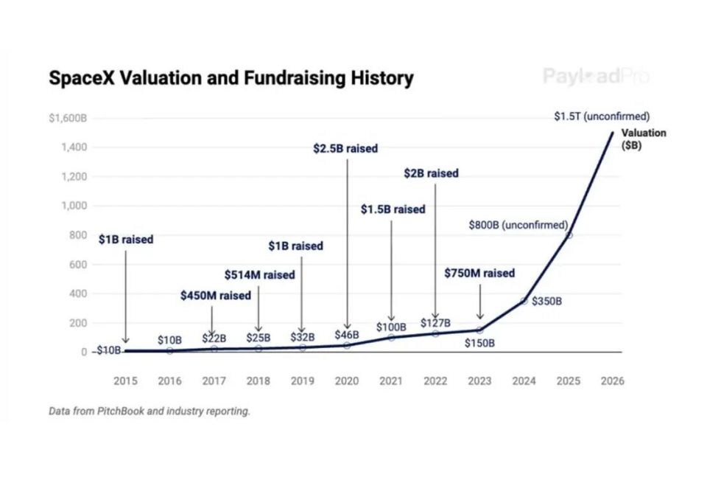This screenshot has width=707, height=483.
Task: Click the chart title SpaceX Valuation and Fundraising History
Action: click(x=231, y=78)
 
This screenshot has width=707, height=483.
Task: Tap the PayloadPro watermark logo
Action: click(x=596, y=76)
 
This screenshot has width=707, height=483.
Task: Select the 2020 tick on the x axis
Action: click(x=347, y=381)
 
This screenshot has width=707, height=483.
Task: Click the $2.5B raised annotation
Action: click(x=345, y=148)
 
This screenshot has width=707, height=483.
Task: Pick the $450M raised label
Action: click(x=215, y=296)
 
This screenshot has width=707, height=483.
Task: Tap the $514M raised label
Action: click(x=259, y=274)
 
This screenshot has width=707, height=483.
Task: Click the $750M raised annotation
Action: click(x=479, y=273)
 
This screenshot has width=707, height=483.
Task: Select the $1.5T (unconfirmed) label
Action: click(x=602, y=117)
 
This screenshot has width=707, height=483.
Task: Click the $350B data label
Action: click(x=547, y=301)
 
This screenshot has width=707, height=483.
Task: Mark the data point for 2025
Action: click(x=569, y=235)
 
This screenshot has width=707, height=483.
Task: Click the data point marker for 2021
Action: click(x=391, y=338)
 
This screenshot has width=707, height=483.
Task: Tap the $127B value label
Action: click(x=435, y=323)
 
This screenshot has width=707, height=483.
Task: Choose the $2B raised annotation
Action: click(x=431, y=173)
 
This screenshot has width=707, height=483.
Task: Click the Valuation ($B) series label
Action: click(x=643, y=139)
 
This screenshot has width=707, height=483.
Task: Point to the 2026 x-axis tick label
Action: click(x=612, y=381)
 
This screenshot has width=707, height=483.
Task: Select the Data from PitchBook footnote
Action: click(x=150, y=411)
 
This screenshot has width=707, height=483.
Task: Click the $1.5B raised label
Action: click(x=393, y=209)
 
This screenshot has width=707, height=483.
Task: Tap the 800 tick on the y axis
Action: click(x=79, y=235)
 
